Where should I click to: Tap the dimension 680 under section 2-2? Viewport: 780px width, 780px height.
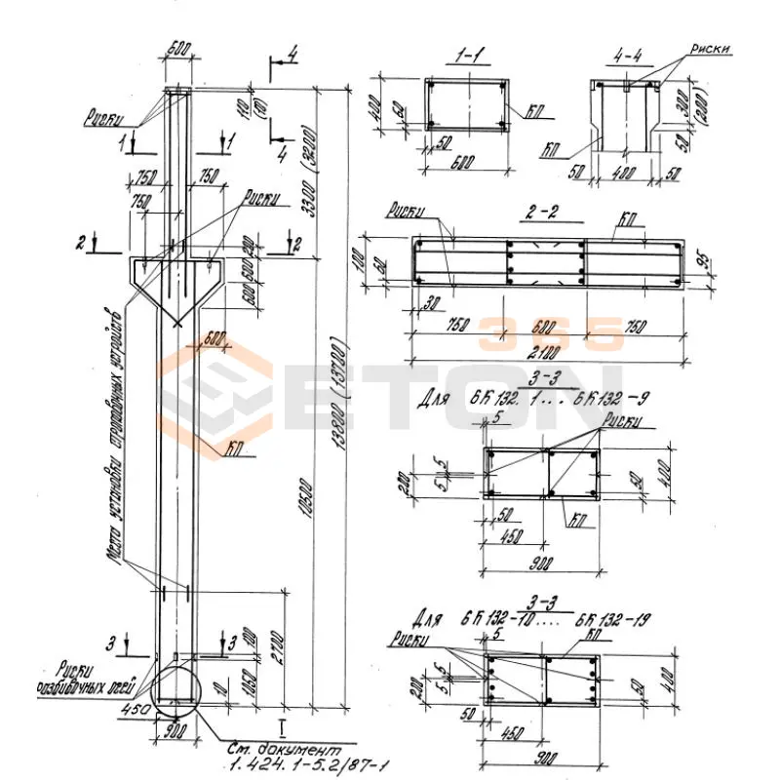click(x=545, y=325)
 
